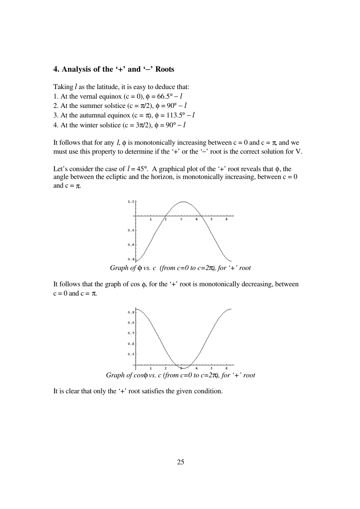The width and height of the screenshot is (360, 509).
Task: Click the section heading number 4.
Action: (56, 69)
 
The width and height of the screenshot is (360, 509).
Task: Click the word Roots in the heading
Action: (165, 69)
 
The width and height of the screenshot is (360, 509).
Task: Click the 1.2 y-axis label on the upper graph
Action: (131, 201)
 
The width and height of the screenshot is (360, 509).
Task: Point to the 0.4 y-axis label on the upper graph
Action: (131, 259)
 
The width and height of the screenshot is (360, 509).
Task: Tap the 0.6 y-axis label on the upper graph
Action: (131, 245)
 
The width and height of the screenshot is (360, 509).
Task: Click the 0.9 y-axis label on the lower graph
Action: (131, 312)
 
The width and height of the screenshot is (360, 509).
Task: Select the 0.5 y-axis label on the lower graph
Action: (131, 354)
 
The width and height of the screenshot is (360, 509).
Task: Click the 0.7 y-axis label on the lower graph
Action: (131, 333)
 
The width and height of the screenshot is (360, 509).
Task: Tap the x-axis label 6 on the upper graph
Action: (227, 219)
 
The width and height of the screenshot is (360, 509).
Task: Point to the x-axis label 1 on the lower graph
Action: (151, 368)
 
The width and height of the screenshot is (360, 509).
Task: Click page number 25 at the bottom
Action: (180, 462)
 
